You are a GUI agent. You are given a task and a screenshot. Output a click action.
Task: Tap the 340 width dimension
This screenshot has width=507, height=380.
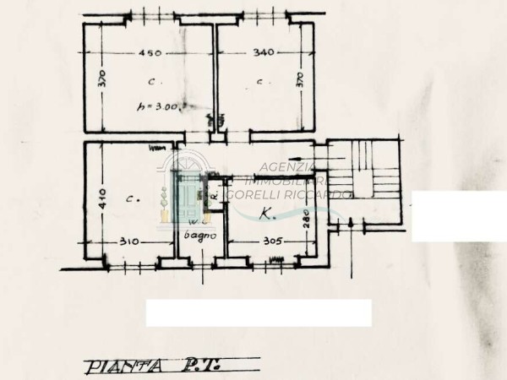tap(264, 54)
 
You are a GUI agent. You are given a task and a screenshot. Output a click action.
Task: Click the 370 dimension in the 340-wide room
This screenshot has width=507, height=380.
tap(300, 82)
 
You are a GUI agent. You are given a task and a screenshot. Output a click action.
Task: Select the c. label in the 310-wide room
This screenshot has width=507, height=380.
tap(132, 198)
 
